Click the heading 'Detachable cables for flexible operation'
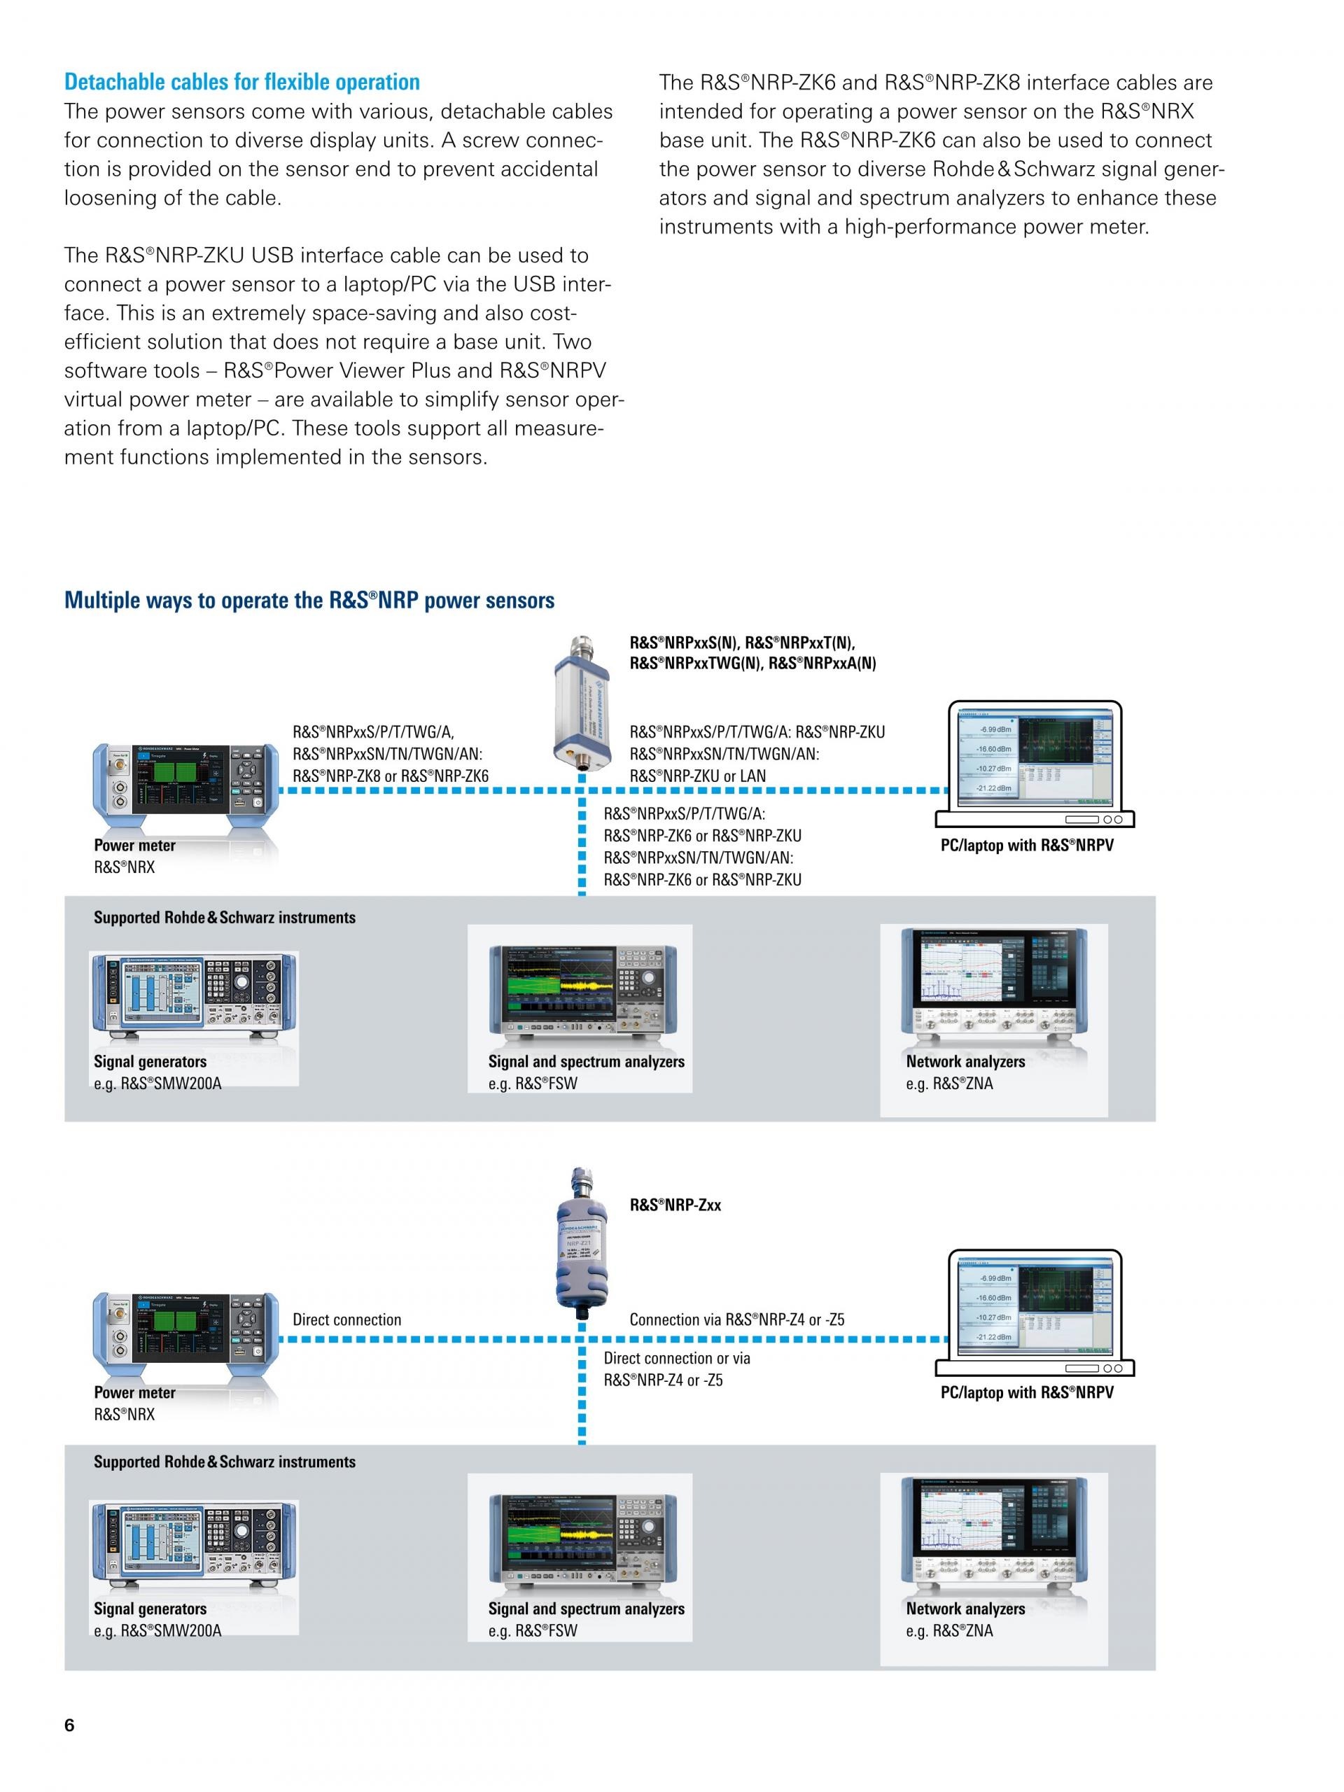tap(241, 82)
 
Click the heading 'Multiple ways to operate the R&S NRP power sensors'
tap(309, 601)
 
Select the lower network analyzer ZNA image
tap(994, 1534)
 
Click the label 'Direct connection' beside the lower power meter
tap(346, 1319)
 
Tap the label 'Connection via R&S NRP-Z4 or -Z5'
tap(736, 1319)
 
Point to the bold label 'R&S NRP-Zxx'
tap(675, 1205)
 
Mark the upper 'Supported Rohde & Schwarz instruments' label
tap(225, 918)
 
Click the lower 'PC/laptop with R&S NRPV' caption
tap(1026, 1392)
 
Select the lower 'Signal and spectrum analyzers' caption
tap(586, 1609)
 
